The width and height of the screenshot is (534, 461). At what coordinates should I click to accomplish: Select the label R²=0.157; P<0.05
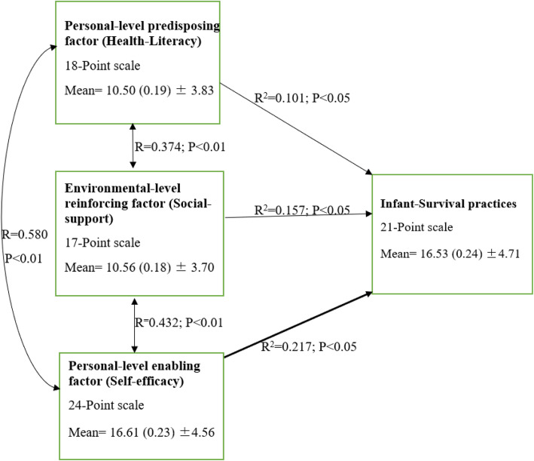(302, 210)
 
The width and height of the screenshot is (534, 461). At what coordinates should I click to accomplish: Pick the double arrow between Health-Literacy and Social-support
(133, 146)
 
